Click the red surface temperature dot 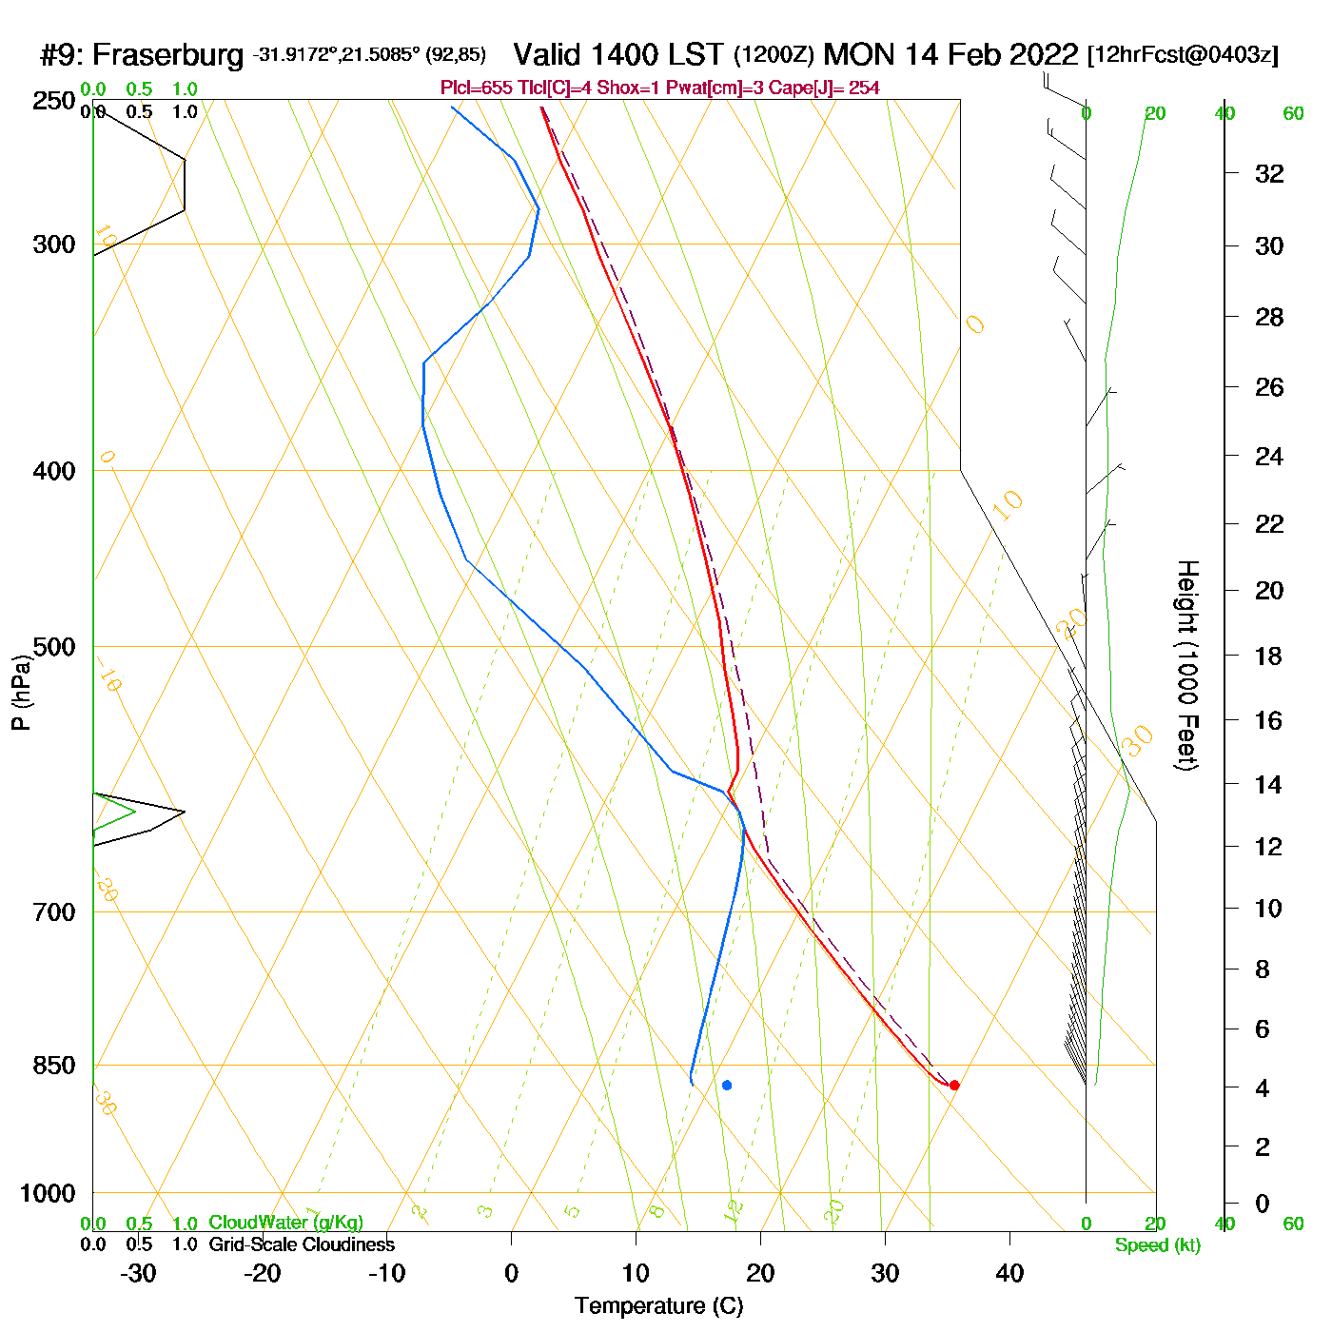[954, 1086]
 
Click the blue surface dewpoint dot [727, 1086]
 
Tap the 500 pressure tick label [54, 647]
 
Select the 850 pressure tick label [54, 1066]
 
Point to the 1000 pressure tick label [48, 1193]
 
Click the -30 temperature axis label [137, 1273]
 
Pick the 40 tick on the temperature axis [1009, 1273]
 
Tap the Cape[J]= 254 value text [837, 88]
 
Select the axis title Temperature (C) [658, 1306]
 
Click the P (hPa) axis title [21, 693]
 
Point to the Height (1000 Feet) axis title [1187, 665]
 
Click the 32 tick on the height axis [1269, 173]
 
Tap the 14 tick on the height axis [1268, 784]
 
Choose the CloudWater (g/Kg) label [285, 1223]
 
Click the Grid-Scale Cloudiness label [302, 1244]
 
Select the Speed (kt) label [1158, 1245]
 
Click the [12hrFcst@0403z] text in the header [1183, 55]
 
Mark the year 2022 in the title [1041, 54]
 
